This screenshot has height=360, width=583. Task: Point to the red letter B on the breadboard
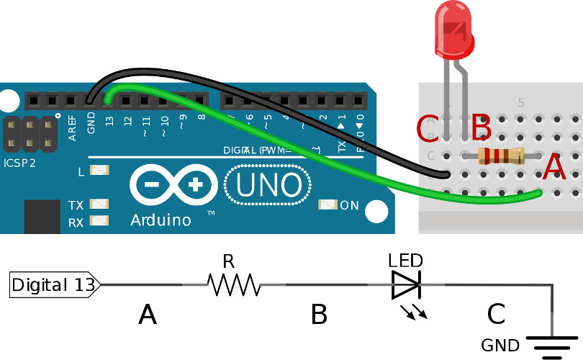click(481, 129)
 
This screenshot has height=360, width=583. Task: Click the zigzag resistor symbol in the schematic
click(233, 286)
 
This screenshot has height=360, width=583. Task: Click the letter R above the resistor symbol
click(228, 261)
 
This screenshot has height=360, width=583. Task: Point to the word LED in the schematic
click(405, 261)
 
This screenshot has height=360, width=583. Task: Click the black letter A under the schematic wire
click(147, 315)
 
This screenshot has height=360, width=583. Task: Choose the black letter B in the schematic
click(320, 315)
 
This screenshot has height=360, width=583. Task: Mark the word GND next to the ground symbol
click(500, 346)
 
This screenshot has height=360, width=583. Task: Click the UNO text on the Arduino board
click(268, 186)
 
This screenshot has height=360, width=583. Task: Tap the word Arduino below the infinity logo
click(161, 220)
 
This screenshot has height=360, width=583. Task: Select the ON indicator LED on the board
click(327, 205)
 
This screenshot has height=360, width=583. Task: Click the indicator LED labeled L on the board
click(100, 171)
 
